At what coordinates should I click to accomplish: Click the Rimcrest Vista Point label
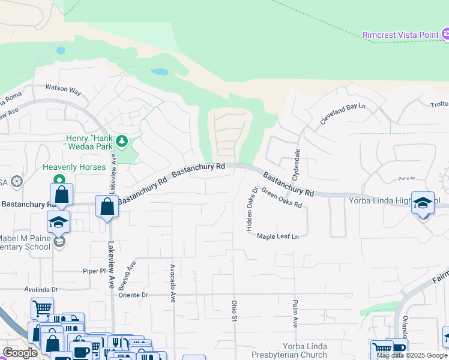(400, 35)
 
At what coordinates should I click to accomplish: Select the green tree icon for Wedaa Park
(122, 141)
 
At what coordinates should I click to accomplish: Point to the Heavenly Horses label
(74, 167)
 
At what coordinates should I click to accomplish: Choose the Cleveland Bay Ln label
(342, 113)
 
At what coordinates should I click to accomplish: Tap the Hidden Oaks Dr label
(252, 208)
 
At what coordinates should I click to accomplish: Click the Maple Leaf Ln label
(278, 236)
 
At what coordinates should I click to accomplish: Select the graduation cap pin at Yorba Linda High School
(423, 203)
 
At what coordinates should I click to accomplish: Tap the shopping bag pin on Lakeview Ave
(107, 206)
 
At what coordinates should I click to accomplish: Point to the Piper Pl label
(94, 271)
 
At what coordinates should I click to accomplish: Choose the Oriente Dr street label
(133, 295)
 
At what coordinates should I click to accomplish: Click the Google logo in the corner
(20, 353)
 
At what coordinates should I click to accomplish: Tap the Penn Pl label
(406, 178)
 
